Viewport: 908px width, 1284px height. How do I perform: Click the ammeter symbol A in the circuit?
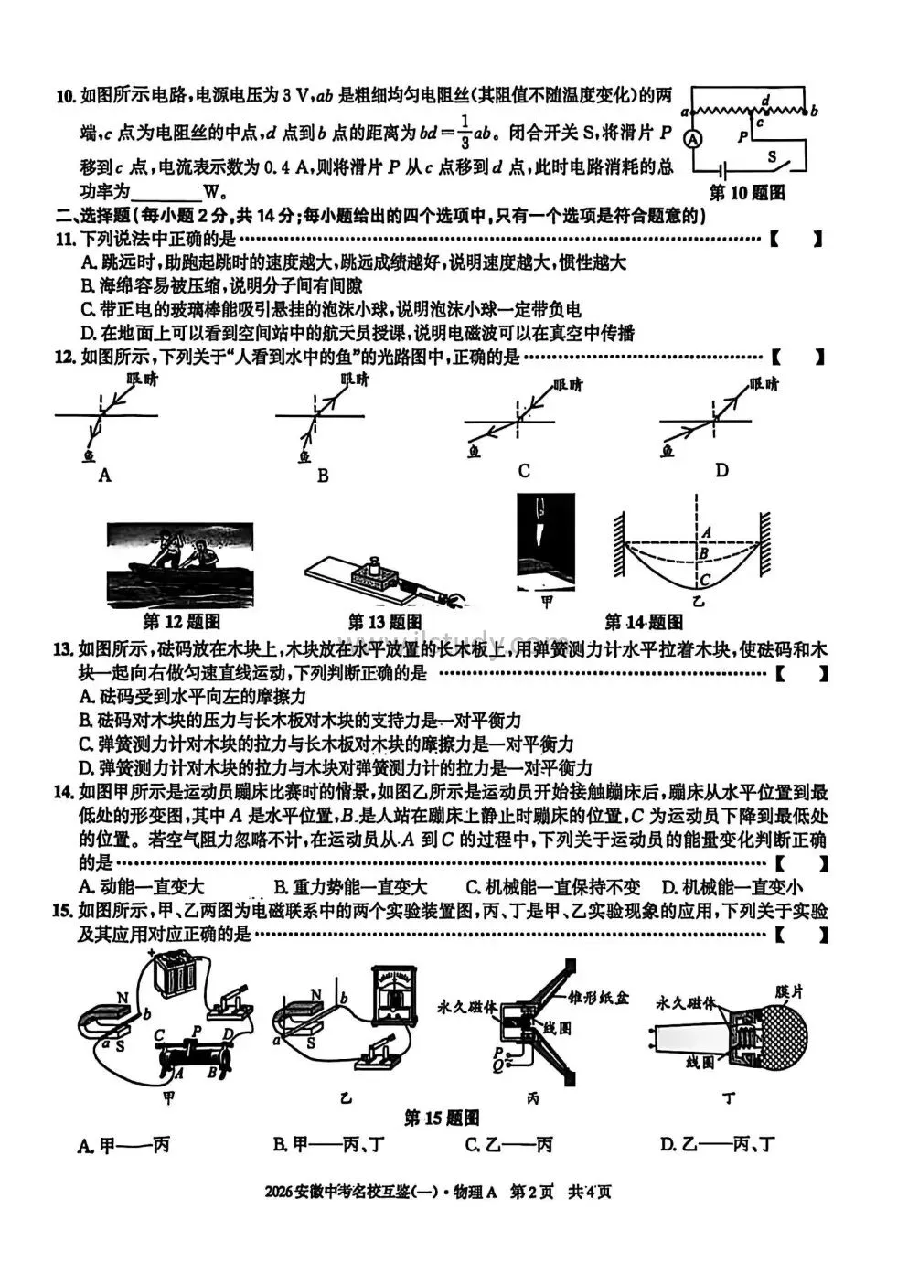coord(693,139)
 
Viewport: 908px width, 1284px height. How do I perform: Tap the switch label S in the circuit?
coord(771,156)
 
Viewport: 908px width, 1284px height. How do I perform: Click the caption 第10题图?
coord(747,193)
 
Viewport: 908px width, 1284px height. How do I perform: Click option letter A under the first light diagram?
coord(104,475)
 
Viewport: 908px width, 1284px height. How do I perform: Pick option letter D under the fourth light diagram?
coord(721,470)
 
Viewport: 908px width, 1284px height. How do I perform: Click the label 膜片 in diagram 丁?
coord(787,990)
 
